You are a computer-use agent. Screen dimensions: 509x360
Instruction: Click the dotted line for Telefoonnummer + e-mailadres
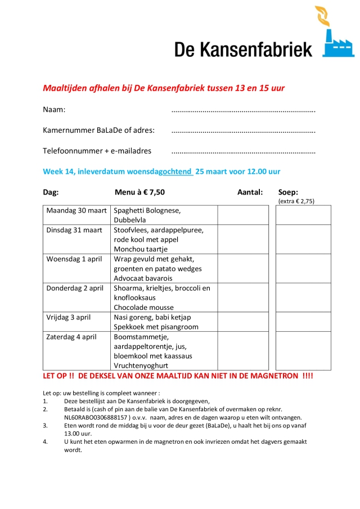pos(243,152)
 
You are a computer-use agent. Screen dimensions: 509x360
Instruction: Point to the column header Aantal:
pos(250,192)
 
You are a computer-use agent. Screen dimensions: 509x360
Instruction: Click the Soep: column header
pos(289,192)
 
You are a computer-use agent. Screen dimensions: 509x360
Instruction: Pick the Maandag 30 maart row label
pos(76,211)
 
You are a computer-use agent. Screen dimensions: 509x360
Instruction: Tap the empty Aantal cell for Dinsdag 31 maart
pos(243,239)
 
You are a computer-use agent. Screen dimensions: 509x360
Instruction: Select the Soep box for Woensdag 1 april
pos(303,268)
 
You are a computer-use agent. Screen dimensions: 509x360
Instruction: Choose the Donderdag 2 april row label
pos(75,289)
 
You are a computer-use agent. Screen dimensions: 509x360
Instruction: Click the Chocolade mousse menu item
pos(143,308)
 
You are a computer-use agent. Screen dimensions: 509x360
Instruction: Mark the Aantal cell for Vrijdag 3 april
pos(243,322)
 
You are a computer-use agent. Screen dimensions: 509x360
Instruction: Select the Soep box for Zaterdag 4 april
pos(303,350)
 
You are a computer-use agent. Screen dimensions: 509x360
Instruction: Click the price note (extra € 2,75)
pos(296,201)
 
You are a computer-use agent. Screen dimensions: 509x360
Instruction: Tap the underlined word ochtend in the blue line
pos(176,172)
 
